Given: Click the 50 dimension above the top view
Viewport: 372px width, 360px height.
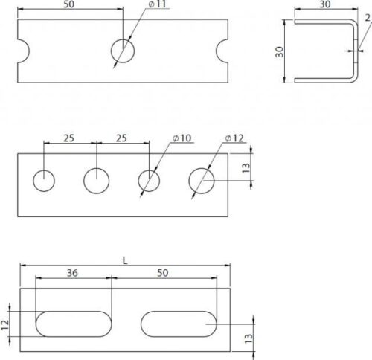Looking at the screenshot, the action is click(69, 4).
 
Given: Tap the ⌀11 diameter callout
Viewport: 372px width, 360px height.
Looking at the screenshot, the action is click(157, 4).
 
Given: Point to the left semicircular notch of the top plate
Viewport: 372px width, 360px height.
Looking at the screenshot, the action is click(24, 51).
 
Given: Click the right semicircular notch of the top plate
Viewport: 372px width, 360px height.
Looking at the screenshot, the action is click(222, 51).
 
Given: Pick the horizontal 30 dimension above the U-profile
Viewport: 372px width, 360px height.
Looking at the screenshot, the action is click(325, 4).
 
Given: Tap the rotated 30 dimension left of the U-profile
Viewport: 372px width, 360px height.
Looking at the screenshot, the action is click(280, 52).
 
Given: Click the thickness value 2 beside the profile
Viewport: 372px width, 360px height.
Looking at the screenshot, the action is click(368, 18).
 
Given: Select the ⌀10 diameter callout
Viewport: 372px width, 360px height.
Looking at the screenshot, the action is click(182, 138).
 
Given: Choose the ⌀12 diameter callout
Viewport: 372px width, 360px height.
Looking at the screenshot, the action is click(234, 138).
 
